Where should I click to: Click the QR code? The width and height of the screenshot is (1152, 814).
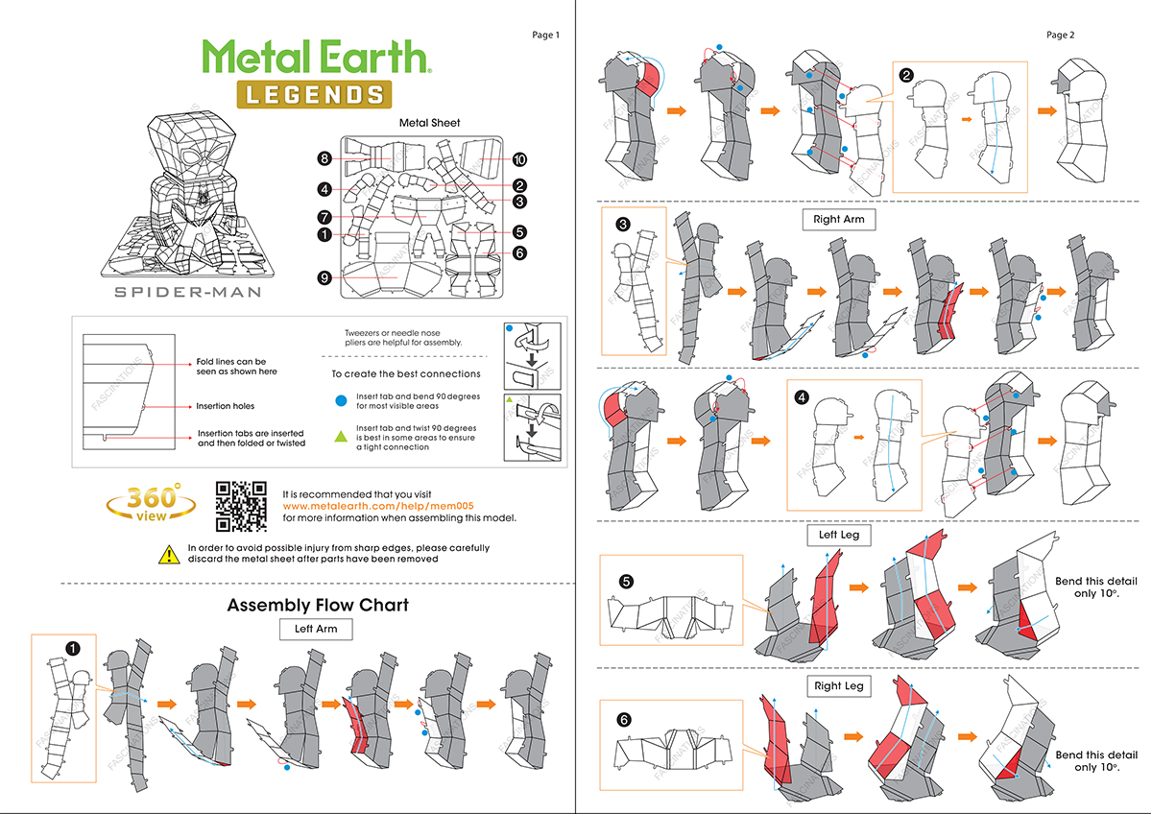pyautogui.click(x=241, y=506)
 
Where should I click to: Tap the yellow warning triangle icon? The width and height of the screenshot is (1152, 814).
pyautogui.click(x=169, y=553)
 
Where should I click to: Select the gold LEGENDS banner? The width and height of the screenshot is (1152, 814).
pyautogui.click(x=314, y=94)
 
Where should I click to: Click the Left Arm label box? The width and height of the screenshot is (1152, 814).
pyautogui.click(x=316, y=630)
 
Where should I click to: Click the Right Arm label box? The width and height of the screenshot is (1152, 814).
pyautogui.click(x=839, y=219)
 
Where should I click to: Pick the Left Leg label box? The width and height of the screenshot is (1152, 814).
pyautogui.click(x=839, y=535)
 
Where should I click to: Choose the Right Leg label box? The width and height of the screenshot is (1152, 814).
pyautogui.click(x=839, y=685)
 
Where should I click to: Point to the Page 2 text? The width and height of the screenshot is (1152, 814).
pyautogui.click(x=1060, y=35)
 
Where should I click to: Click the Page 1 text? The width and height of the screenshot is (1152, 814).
pyautogui.click(x=545, y=36)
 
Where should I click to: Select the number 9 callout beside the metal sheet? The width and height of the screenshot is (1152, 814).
pyautogui.click(x=325, y=277)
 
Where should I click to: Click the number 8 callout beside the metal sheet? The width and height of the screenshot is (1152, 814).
pyautogui.click(x=325, y=159)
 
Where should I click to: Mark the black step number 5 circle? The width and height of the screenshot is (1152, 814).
pyautogui.click(x=626, y=581)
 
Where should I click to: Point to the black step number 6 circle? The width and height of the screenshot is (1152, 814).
pyautogui.click(x=625, y=719)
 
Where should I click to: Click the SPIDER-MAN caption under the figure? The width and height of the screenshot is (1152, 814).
pyautogui.click(x=188, y=292)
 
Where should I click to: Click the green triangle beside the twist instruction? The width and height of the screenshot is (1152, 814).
pyautogui.click(x=340, y=437)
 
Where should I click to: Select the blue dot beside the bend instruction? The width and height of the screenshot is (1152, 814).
pyautogui.click(x=340, y=400)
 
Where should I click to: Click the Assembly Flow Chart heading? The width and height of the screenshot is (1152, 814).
pyautogui.click(x=318, y=605)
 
